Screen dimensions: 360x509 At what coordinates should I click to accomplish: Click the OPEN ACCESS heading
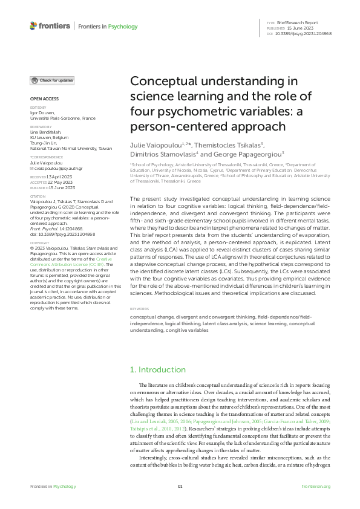coord(44,98)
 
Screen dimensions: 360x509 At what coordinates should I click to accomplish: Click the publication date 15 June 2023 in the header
coord(291,27)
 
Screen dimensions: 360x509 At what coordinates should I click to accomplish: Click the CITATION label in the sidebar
coord(38,196)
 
